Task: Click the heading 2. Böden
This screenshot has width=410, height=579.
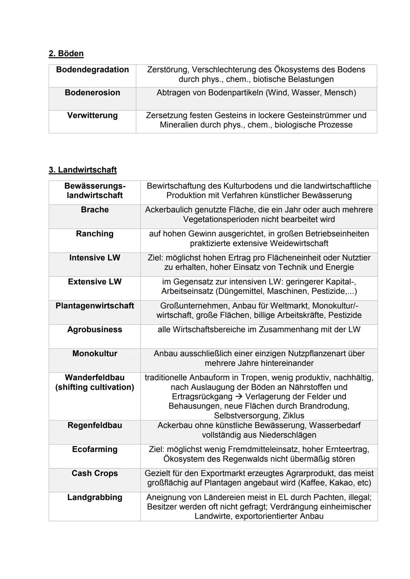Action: [x=66, y=53]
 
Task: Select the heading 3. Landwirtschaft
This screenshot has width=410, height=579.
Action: [x=82, y=170]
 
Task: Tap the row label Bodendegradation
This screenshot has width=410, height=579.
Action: [x=92, y=70]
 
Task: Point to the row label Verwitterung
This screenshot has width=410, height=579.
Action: [x=92, y=115]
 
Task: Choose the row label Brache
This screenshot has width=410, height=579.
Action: [x=95, y=210]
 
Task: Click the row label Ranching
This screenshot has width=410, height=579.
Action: [x=95, y=234]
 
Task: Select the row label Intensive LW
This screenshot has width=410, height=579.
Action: [x=95, y=258]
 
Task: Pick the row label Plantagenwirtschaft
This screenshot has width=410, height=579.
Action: [x=95, y=306]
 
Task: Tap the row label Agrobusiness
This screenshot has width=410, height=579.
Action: [x=95, y=330]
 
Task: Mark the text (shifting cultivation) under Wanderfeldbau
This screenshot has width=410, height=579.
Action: [x=95, y=387]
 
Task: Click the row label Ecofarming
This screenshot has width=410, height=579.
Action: [x=95, y=449]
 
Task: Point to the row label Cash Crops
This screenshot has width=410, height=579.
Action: [x=95, y=473]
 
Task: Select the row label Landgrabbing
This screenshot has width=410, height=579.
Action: [x=95, y=497]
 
